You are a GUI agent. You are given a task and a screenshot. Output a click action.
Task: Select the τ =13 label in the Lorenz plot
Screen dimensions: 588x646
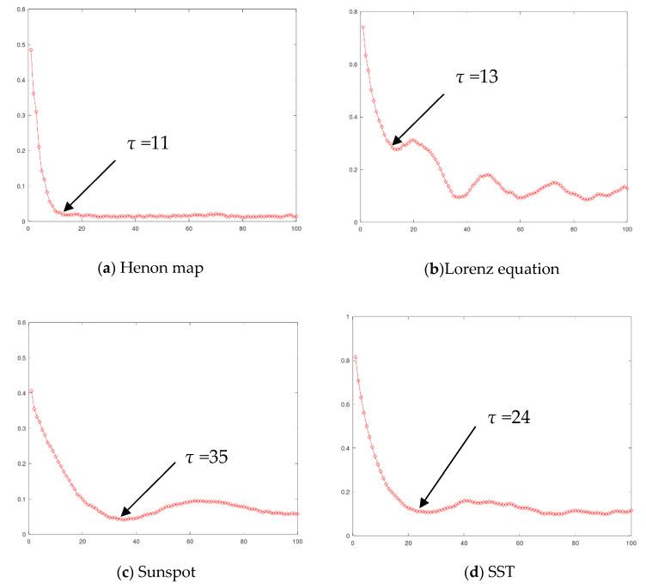tap(477, 76)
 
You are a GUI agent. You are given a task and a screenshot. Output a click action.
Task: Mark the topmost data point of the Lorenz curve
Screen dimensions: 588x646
tap(363, 27)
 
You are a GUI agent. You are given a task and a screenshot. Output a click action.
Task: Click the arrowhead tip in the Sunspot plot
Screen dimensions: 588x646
tap(121, 517)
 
